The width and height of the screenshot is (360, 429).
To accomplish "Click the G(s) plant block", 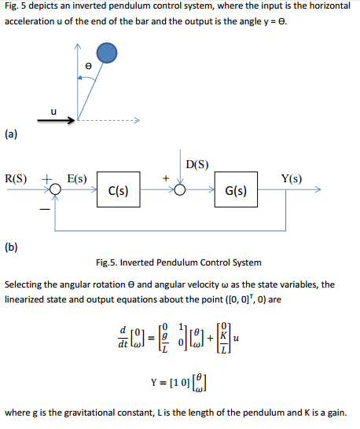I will coord(237,190).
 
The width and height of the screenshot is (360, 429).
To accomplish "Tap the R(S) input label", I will coord(17,179).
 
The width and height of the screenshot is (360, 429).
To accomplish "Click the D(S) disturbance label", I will coord(197,164).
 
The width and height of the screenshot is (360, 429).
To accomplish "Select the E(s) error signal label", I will coord(77,179).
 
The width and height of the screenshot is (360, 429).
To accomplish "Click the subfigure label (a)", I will coord(13,134).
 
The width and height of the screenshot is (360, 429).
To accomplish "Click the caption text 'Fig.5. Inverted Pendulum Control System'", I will coord(178,262).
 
